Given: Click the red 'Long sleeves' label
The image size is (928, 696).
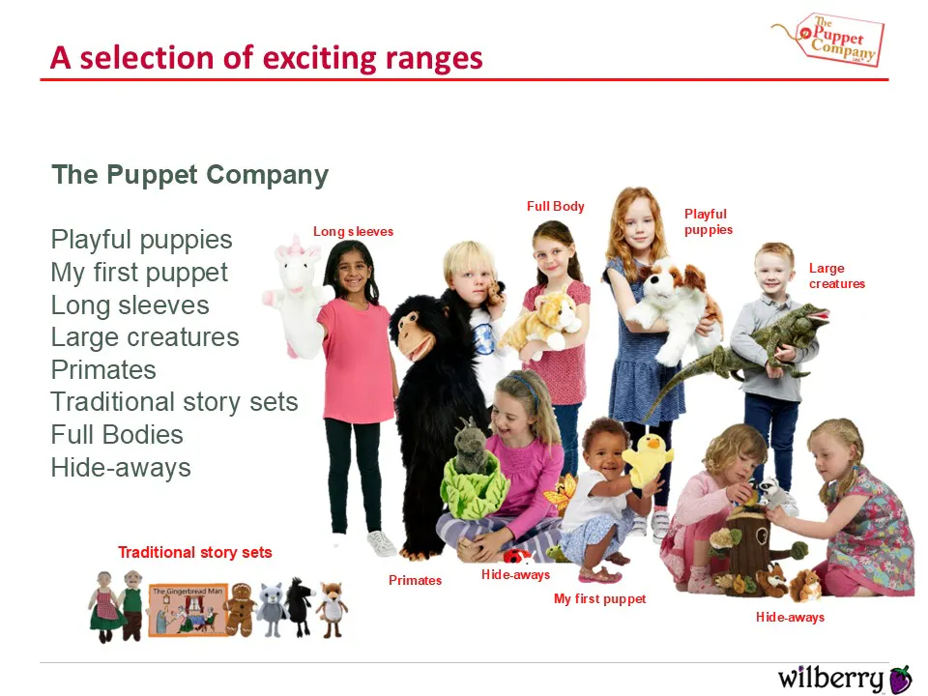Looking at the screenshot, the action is (354, 231).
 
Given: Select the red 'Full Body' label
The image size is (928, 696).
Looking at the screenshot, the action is (556, 206).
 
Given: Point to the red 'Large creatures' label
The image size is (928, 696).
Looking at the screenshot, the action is (837, 275).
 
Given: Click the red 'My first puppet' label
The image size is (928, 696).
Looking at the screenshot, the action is (599, 599).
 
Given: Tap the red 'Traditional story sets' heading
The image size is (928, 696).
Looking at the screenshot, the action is (194, 552).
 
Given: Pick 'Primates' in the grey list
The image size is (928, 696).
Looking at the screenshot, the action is (103, 370).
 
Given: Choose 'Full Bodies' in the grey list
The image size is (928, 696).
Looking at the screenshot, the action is (117, 434).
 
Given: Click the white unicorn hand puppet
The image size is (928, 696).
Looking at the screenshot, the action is (296, 296).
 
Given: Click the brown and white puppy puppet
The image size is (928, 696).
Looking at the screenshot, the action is (675, 307).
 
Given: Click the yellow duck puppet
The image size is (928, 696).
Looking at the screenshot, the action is (647, 459).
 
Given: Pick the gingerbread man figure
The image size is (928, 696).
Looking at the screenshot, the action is (241, 609).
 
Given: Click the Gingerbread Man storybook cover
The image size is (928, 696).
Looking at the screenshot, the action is (188, 610).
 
